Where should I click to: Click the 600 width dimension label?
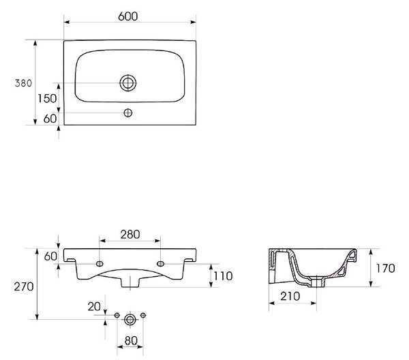pos(128,16)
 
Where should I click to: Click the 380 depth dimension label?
pos(23,83)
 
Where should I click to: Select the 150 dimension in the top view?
pos(47,99)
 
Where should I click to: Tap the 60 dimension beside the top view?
pos(50,119)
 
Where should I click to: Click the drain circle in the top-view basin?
pos(128,83)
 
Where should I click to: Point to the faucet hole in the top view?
pos(128,112)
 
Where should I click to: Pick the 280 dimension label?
pos(130,235)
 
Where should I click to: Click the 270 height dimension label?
pos(24,286)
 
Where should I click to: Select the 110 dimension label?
pos(223,276)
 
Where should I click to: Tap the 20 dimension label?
pos(94,307)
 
